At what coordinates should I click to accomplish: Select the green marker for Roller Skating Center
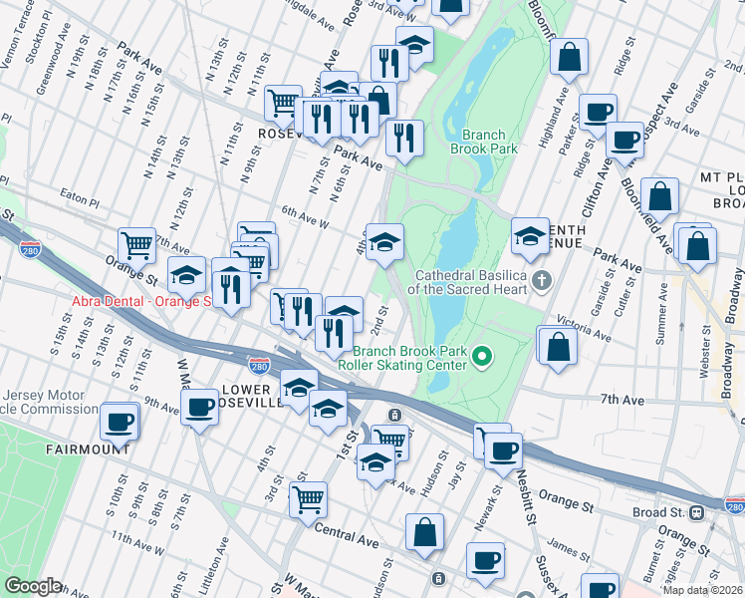click(482, 355)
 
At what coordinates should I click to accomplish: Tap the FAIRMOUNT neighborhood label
click(88, 449)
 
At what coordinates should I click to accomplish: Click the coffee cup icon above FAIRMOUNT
click(121, 420)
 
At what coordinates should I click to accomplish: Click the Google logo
click(33, 586)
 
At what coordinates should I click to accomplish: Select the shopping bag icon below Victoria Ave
click(559, 345)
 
